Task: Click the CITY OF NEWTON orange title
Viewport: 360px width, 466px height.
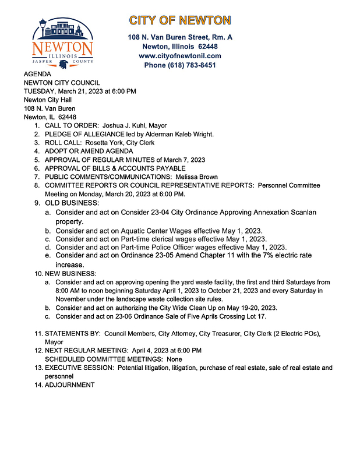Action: pos(180,20)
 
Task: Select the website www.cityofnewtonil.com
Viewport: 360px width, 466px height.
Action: pos(180,56)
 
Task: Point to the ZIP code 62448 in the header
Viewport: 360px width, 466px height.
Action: pos(208,47)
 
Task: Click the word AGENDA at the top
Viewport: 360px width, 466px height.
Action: pos(37,75)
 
